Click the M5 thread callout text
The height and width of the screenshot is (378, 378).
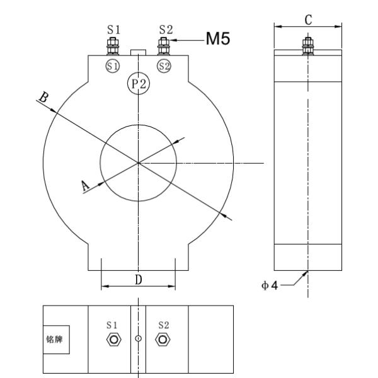(217, 39)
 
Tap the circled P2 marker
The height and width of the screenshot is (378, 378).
(137, 84)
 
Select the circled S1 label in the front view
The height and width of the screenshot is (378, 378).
(113, 66)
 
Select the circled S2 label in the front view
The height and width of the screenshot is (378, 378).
(164, 66)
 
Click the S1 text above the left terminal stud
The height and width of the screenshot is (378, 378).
(113, 30)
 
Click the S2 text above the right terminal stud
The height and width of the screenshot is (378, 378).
(165, 30)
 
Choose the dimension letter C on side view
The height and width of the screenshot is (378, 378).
(307, 20)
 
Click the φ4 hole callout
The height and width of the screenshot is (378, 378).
(270, 285)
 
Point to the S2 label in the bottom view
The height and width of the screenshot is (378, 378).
(163, 325)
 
